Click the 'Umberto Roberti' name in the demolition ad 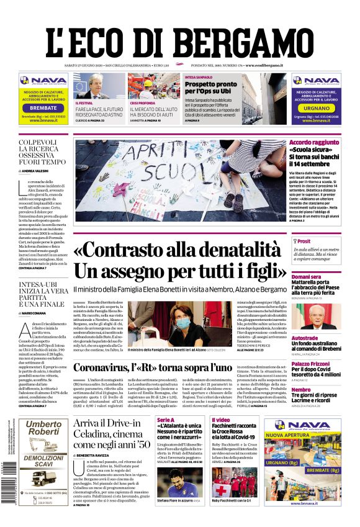pos(43,428)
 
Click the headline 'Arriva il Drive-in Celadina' pos(112,434)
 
